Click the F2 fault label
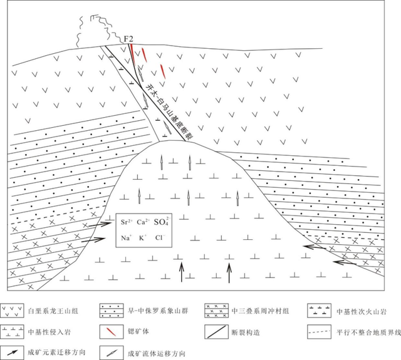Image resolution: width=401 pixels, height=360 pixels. pos(128,39)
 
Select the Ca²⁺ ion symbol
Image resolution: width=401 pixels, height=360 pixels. pos(142,222)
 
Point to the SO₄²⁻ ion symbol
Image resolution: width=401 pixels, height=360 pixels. pos(162,222)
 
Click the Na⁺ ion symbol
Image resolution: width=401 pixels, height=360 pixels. pos(126,238)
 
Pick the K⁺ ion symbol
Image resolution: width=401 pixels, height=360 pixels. pos(142,238)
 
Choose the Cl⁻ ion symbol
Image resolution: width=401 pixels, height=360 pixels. pos(160,238)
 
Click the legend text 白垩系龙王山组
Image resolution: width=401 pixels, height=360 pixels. pos(53,311)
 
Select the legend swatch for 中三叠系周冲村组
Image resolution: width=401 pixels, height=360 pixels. pos(216,311)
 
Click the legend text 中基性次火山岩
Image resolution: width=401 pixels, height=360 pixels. pos(361,312)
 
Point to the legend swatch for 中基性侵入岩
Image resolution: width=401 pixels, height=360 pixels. pos(12,332)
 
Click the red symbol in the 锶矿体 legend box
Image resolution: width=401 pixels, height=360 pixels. pos(112,331)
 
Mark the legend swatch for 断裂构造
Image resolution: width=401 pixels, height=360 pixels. pos(216,332)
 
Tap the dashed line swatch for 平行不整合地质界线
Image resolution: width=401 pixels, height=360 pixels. pos(319,332)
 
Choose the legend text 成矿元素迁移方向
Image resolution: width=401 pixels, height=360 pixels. pos(56,352)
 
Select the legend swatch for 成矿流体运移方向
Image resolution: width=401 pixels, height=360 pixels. pos(112,353)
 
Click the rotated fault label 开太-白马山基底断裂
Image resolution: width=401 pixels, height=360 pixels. pos(169,111)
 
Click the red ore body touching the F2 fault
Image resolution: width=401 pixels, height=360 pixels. pos(132,51)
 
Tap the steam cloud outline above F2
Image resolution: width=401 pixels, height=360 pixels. pos(100,28)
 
